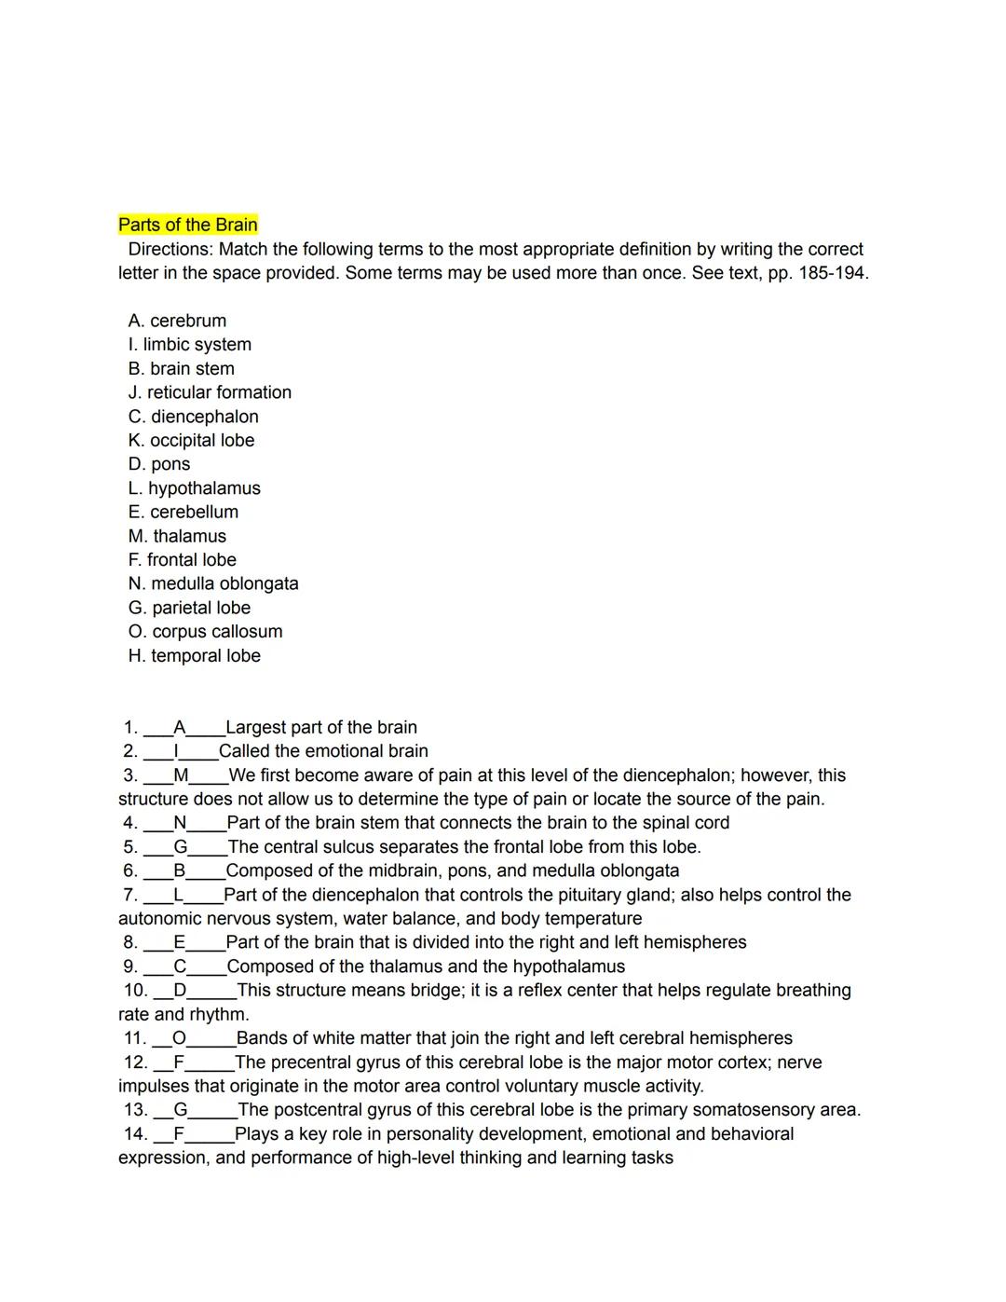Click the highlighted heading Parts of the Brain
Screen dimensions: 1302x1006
(187, 225)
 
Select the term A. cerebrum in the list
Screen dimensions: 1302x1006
(177, 321)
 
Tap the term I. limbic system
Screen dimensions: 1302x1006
(190, 344)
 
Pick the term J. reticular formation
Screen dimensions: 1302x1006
(210, 392)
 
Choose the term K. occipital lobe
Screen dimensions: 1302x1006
(191, 440)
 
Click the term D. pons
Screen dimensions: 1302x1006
(159, 464)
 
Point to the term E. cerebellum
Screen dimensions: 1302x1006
(184, 512)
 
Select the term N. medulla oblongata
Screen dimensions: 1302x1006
(213, 583)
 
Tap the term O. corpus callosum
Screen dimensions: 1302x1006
(205, 631)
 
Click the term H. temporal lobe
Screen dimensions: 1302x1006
(195, 655)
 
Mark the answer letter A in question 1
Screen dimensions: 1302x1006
(180, 727)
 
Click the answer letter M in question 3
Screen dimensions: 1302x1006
(181, 775)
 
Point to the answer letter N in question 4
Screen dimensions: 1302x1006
(180, 823)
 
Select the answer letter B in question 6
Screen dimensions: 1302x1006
(179, 870)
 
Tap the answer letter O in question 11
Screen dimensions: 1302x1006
(179, 1038)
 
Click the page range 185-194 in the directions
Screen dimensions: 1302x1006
(832, 273)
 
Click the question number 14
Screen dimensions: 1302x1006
(135, 1134)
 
